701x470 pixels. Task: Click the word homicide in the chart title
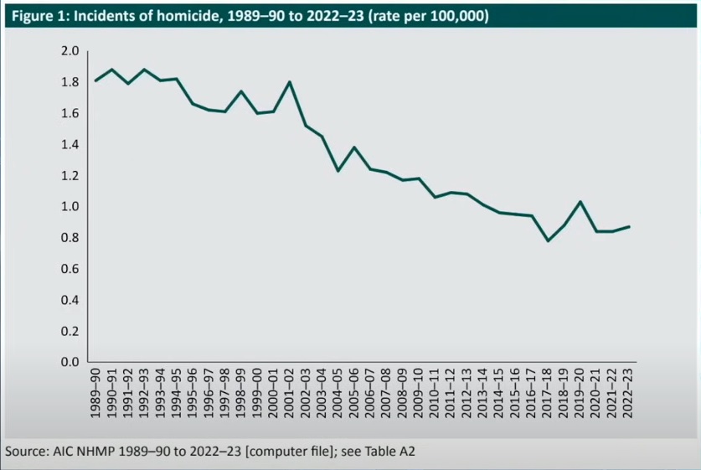176,16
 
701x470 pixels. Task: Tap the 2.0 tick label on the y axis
70,51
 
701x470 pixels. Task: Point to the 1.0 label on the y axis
70,207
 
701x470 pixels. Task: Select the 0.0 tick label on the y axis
70,362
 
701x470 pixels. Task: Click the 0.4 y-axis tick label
70,300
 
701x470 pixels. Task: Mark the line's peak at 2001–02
289,82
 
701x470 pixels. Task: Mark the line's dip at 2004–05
338,171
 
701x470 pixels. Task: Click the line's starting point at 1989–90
95,80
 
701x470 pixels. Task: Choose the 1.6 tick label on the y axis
70,113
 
